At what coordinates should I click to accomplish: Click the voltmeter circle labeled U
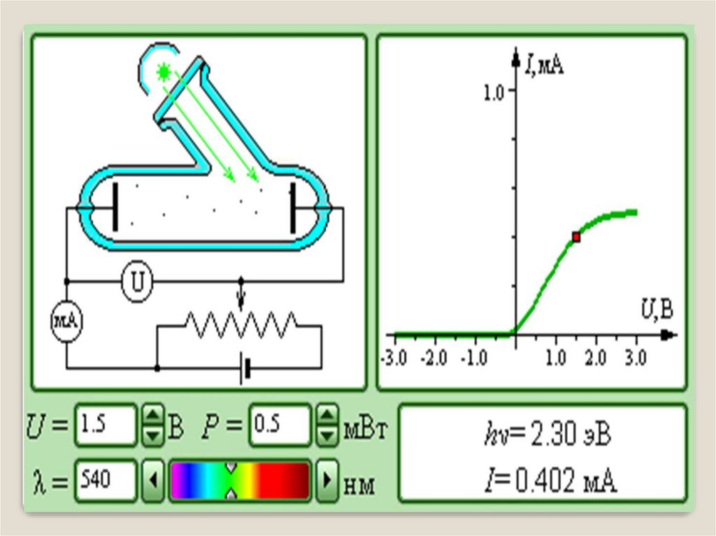point(137,282)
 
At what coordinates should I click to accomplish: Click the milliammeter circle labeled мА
point(66,321)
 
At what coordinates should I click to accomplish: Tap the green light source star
point(164,73)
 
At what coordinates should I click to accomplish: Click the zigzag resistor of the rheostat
point(241,324)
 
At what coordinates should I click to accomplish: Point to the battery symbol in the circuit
point(245,368)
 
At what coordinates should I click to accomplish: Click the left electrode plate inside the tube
point(115,206)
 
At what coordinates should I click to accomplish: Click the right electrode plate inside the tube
point(293,206)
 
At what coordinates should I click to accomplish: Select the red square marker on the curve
point(576,238)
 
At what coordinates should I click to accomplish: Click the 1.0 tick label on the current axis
point(493,93)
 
